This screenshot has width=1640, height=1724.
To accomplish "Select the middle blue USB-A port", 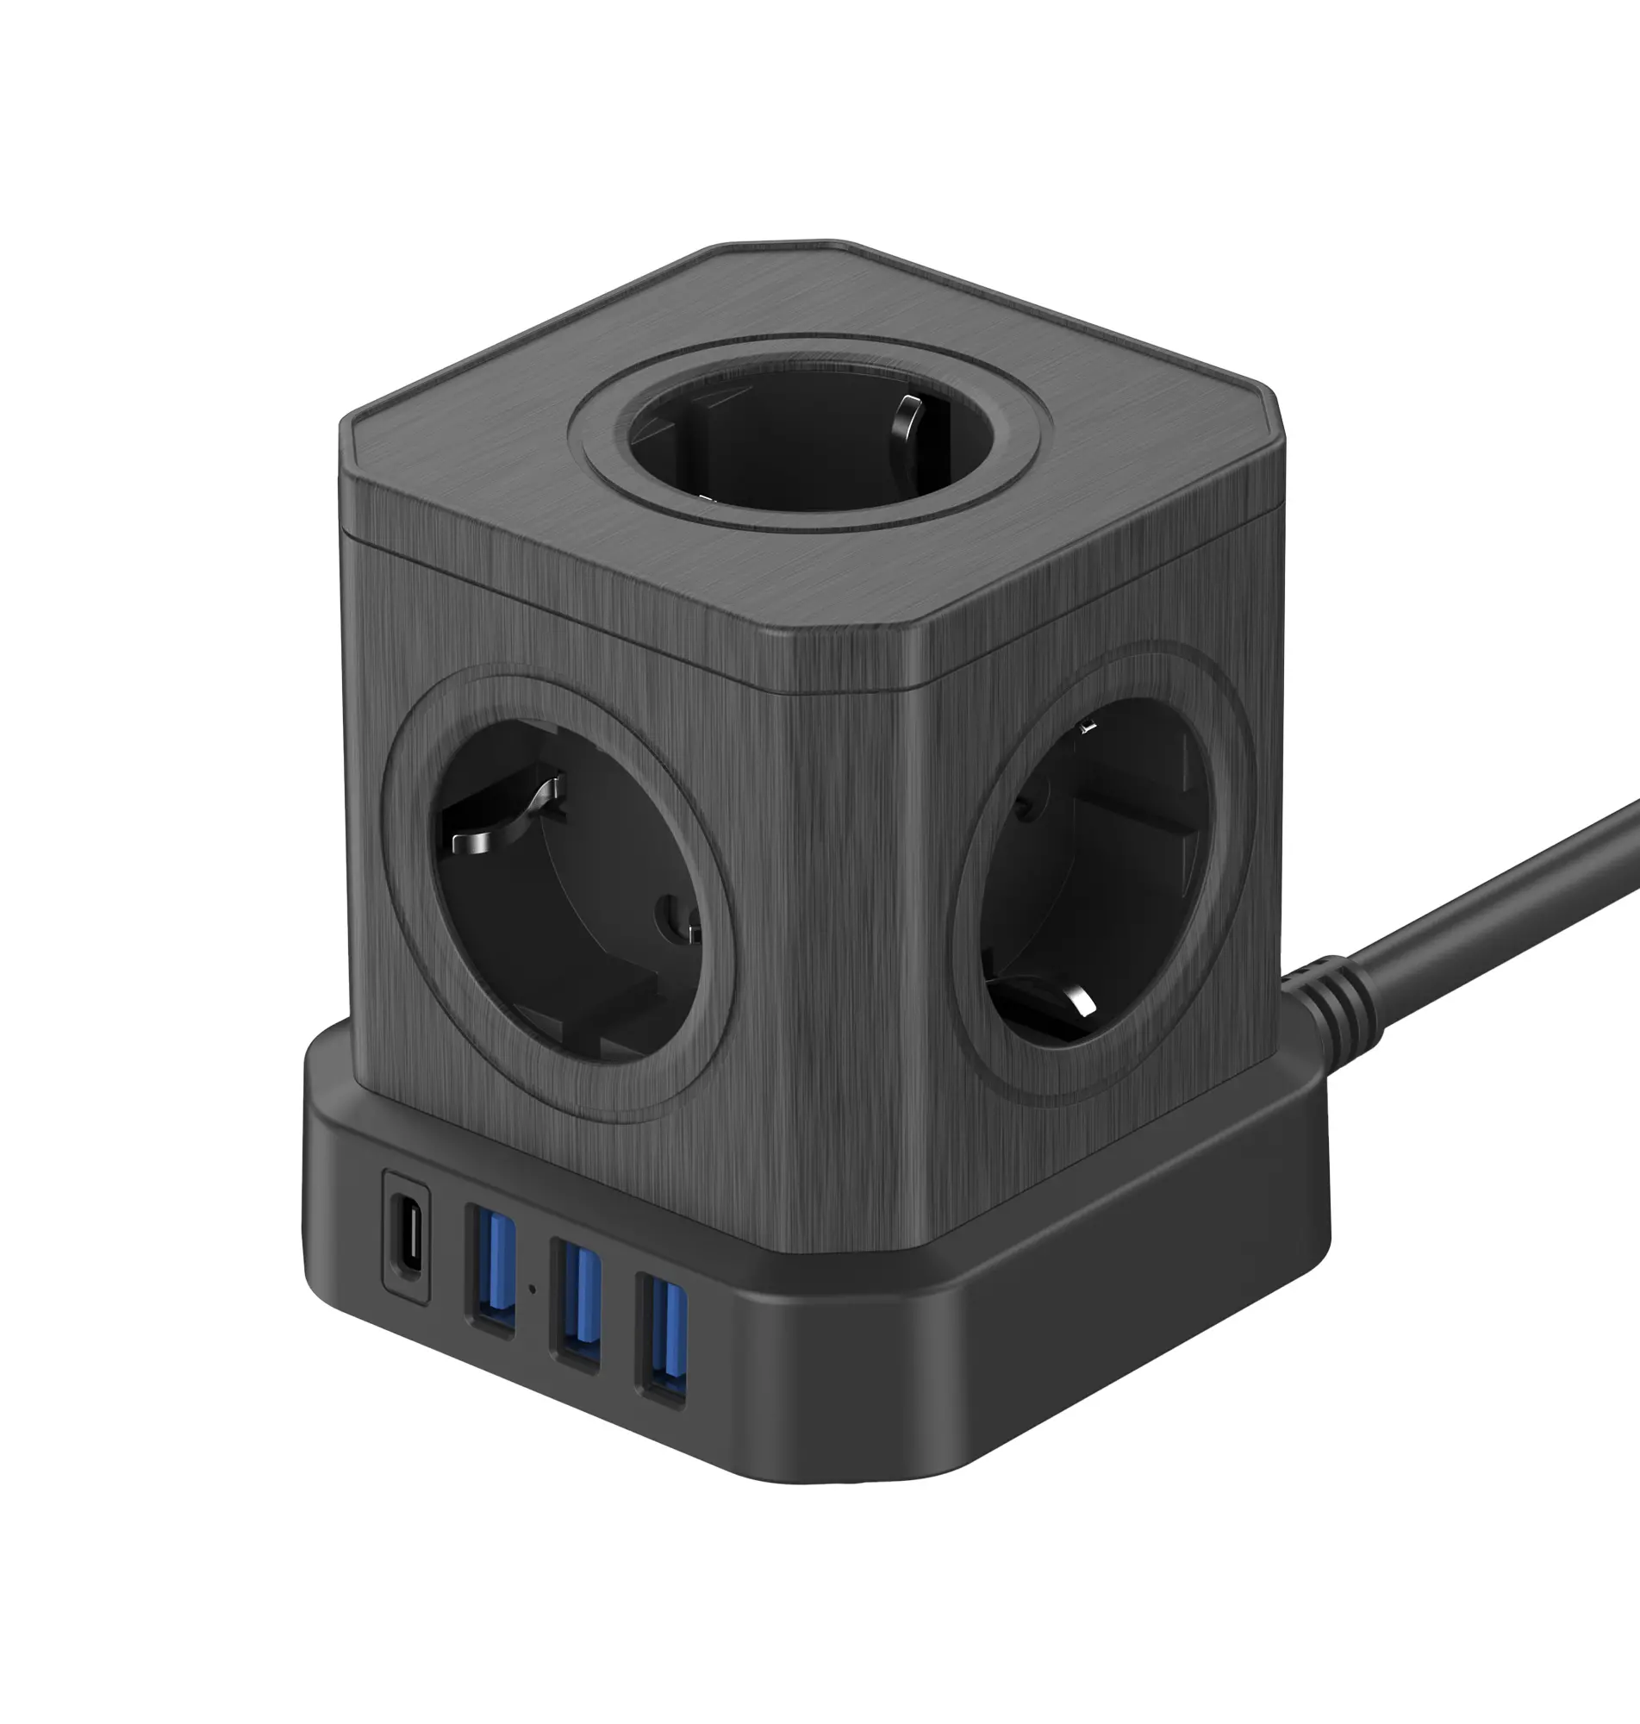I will (x=575, y=1303).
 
